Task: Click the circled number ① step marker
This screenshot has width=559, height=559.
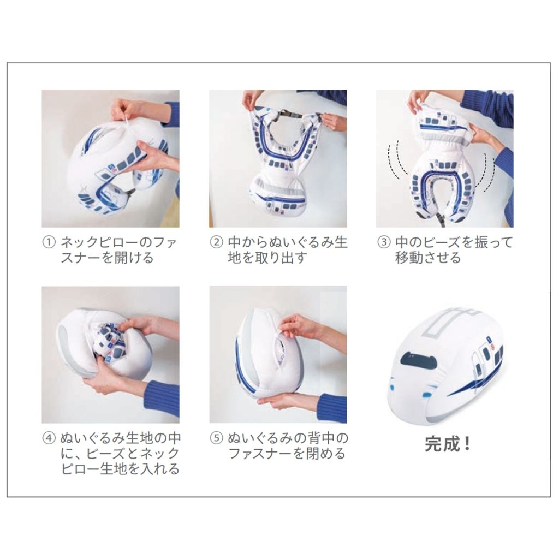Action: pos(49,242)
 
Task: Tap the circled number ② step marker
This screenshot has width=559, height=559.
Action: pos(216,242)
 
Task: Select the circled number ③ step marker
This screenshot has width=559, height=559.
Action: pos(384,242)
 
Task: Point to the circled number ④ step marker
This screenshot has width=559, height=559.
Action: pos(49,438)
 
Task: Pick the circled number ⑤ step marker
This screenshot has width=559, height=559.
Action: pos(216,438)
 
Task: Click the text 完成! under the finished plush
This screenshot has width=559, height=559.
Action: pos(448,444)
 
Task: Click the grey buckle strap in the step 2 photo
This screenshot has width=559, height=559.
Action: pos(287,114)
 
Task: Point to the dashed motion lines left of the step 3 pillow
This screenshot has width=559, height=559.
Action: pos(397,160)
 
